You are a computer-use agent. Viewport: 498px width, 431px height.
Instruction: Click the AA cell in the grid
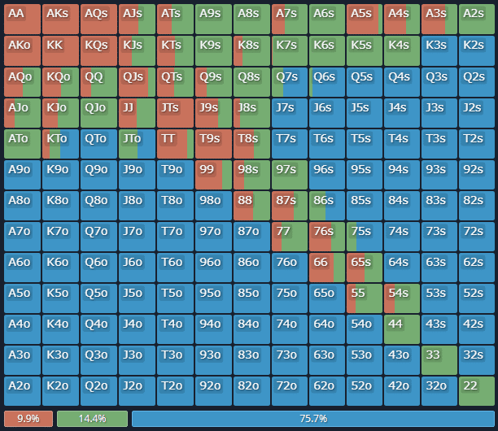tap(23, 19)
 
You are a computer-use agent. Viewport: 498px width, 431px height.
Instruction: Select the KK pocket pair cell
tap(61, 50)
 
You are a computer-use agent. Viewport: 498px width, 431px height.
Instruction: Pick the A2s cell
tap(478, 19)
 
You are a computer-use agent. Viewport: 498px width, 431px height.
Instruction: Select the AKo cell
tap(23, 50)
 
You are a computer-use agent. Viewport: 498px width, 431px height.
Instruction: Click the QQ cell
tap(99, 81)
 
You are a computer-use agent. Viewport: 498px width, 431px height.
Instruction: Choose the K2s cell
tap(478, 50)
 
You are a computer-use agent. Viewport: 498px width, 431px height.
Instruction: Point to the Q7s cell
tap(289, 81)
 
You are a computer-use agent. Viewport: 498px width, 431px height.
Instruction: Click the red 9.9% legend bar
tap(28, 418)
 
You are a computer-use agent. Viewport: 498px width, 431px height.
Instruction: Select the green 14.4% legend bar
tap(92, 418)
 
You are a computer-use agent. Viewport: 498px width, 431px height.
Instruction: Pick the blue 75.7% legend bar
tap(312, 418)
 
